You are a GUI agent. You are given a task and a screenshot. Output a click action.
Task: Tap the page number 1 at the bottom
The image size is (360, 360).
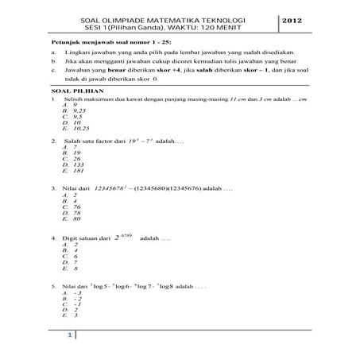69,335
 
